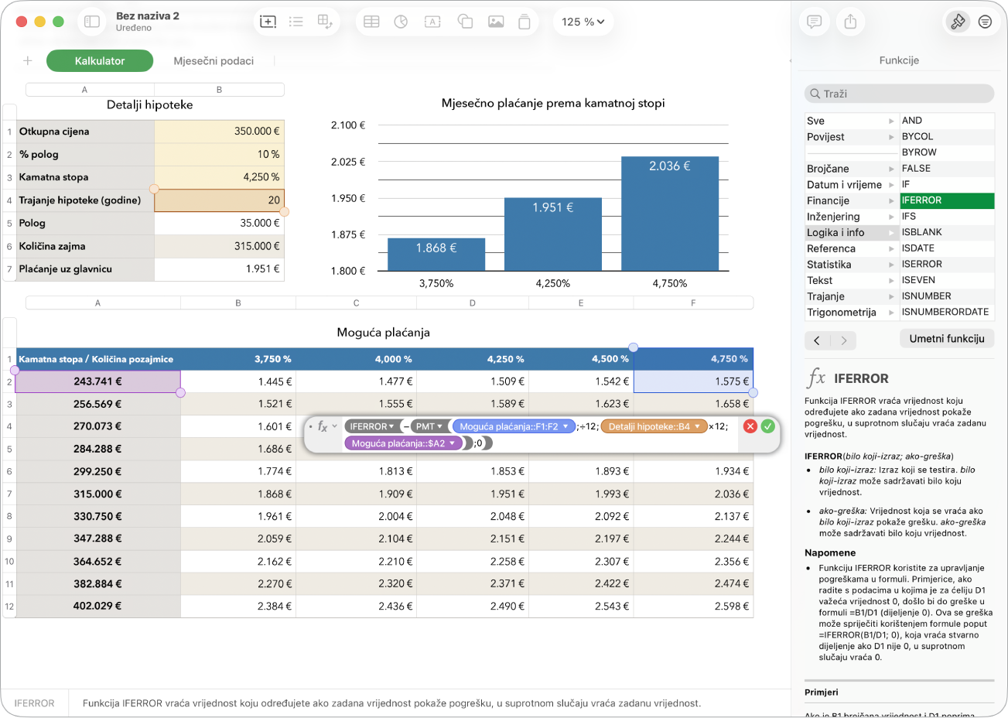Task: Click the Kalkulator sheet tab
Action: click(x=100, y=61)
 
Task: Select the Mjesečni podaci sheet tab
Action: click(x=214, y=61)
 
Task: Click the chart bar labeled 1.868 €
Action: click(x=436, y=255)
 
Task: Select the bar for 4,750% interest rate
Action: click(x=670, y=214)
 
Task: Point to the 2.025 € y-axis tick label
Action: click(x=348, y=162)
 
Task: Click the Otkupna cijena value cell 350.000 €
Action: click(x=219, y=131)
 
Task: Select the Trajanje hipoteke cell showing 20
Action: click(x=219, y=200)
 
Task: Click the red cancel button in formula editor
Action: click(x=750, y=426)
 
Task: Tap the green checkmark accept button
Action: click(x=767, y=426)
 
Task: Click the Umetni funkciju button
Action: click(x=946, y=339)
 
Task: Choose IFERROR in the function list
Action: click(x=947, y=200)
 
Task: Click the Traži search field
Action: click(x=899, y=94)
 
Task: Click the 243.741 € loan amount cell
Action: click(x=97, y=381)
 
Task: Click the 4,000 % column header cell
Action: click(x=356, y=359)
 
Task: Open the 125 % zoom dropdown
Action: click(x=583, y=22)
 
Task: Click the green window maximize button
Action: click(x=58, y=22)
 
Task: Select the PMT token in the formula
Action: click(x=429, y=426)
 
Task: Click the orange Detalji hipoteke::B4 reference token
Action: click(x=654, y=426)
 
